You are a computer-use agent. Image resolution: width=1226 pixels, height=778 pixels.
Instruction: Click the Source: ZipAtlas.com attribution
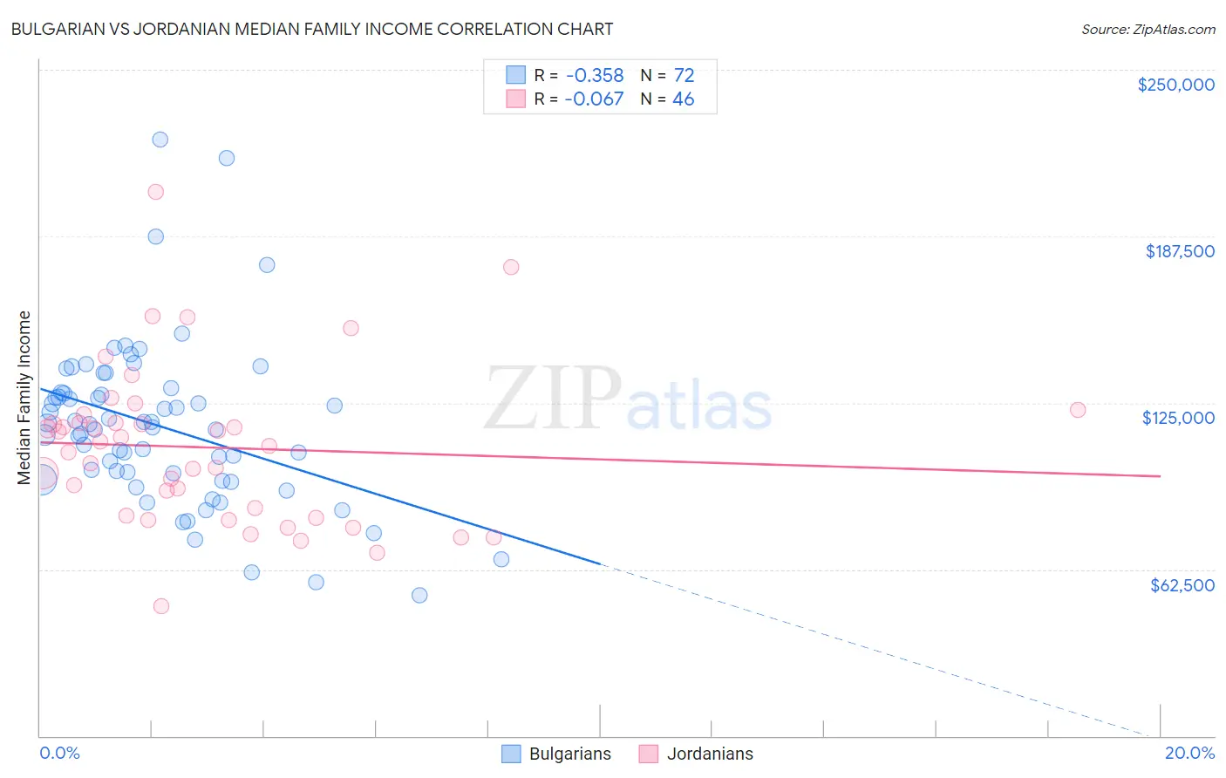[1148, 30]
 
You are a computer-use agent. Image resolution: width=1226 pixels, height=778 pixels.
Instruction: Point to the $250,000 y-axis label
[1175, 85]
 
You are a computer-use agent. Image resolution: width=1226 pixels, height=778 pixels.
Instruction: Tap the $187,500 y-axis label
[1179, 251]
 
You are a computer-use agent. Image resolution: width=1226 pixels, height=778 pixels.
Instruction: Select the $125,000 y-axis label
[1178, 418]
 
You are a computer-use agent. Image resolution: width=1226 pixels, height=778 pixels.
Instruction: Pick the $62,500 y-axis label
[1182, 585]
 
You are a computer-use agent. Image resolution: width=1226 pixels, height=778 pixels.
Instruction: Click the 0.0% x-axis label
[59, 753]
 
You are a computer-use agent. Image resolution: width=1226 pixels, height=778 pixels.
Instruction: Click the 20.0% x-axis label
[1189, 753]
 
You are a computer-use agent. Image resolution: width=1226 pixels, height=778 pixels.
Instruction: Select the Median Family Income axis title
[24, 397]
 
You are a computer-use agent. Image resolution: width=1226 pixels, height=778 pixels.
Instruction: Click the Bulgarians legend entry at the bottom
[569, 754]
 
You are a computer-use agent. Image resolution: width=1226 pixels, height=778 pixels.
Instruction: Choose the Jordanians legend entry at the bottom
[709, 754]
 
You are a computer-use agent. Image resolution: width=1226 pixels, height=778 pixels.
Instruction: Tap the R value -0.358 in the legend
[594, 75]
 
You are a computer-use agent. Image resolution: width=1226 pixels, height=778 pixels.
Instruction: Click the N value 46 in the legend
[683, 99]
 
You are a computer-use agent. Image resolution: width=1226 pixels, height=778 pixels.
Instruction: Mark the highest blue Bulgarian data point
[160, 140]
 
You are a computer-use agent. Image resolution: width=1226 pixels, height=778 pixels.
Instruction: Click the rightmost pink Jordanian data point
[1078, 410]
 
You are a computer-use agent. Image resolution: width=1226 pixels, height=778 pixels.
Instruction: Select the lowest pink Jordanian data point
[161, 606]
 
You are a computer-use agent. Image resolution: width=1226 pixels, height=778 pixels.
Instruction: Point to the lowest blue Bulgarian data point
[419, 595]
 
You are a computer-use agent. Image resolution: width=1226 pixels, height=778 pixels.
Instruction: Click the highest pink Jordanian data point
[156, 192]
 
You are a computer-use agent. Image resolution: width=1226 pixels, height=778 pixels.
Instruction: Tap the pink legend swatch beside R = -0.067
[515, 99]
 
